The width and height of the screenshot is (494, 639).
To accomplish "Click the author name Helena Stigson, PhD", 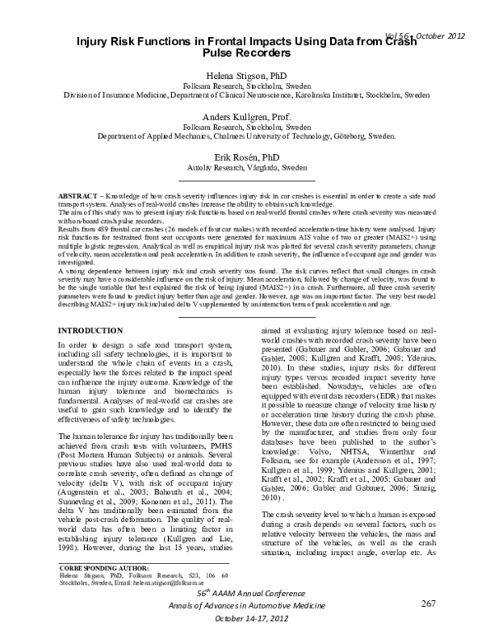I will (x=247, y=72).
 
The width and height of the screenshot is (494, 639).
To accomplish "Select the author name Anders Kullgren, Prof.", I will (x=247, y=116).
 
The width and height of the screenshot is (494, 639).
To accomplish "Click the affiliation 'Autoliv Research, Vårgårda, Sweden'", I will (x=247, y=166).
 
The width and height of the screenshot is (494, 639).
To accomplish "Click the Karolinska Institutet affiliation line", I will (x=247, y=94).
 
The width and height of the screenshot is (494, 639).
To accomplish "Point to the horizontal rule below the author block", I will (x=247, y=178).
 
